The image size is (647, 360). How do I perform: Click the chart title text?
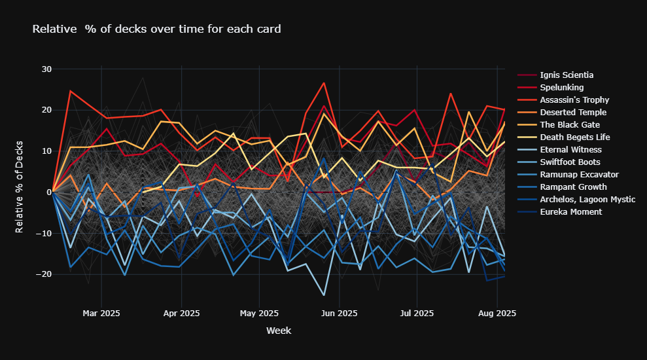pos(156,29)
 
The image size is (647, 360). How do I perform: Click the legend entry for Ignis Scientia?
pos(567,75)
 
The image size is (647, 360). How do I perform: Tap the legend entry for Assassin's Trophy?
pos(575,100)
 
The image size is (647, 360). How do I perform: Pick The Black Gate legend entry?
pos(570,125)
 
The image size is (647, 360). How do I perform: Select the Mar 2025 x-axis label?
pos(101,314)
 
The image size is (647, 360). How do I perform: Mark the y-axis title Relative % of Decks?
pos(20,187)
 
